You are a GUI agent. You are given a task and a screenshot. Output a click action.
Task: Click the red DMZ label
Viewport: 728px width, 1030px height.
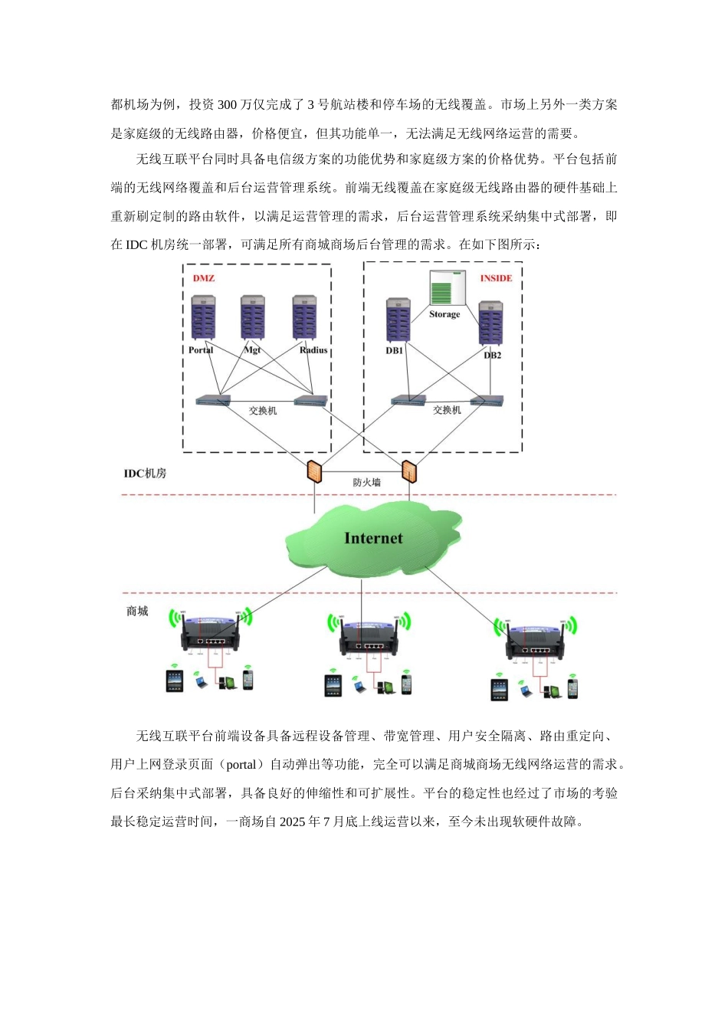(x=204, y=278)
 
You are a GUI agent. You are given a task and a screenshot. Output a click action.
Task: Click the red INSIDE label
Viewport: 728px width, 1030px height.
(x=496, y=278)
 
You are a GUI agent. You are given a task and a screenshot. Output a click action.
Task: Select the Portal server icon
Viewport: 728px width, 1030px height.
(x=203, y=318)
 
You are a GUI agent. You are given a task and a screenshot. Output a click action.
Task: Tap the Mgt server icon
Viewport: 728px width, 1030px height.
(x=253, y=318)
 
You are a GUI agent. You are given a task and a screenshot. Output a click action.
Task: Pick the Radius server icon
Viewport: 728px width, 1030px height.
(x=305, y=317)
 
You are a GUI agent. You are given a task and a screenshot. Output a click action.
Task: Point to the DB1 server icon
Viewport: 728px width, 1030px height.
(x=398, y=320)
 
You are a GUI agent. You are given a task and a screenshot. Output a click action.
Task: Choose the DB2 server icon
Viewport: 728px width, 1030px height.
(x=490, y=323)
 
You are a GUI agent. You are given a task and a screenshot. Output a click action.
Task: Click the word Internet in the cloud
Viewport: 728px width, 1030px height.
(x=373, y=539)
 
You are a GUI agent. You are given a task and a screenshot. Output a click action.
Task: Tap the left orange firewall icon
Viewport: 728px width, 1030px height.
(x=314, y=471)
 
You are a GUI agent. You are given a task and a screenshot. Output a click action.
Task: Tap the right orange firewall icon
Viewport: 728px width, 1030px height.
(x=410, y=471)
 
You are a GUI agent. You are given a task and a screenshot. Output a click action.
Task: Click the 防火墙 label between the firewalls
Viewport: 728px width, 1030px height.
(x=366, y=483)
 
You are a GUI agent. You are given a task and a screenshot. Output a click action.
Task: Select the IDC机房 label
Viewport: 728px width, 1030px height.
(x=146, y=474)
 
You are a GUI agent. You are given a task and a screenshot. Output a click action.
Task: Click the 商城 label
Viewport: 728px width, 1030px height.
(x=137, y=612)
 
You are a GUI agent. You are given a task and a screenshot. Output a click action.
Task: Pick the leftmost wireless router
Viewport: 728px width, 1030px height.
(x=210, y=633)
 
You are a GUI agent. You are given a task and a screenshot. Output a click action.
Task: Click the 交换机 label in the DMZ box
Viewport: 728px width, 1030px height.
(x=263, y=412)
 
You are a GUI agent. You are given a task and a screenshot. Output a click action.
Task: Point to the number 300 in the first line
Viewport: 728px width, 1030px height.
(x=228, y=105)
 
